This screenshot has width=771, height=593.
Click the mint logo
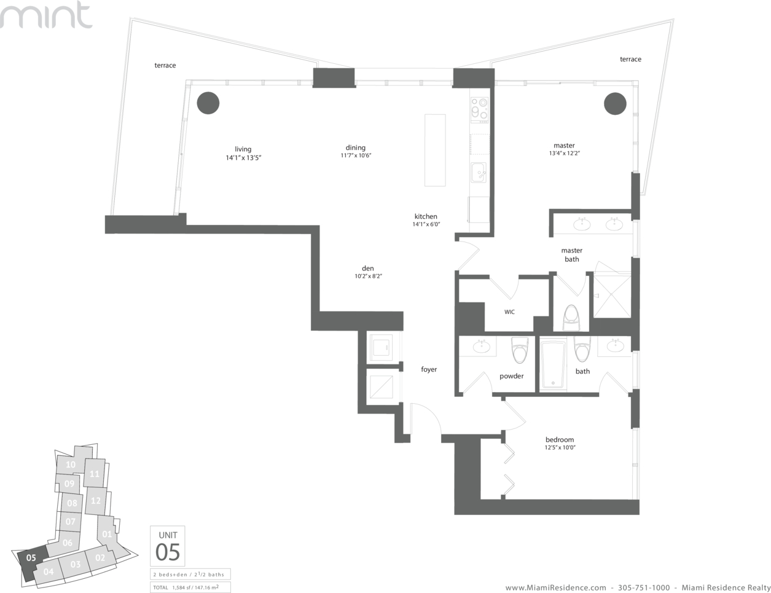[x=46, y=15]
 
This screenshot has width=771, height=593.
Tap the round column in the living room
[x=208, y=103]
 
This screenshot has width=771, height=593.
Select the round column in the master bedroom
[x=615, y=104]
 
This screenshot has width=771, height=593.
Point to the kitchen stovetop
[x=479, y=110]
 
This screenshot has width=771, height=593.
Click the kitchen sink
[x=479, y=173]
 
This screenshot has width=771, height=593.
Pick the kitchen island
[x=435, y=150]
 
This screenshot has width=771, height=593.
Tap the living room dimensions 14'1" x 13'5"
[x=243, y=158]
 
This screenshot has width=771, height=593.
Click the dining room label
[x=356, y=147]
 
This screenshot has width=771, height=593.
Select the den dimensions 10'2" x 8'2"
[x=368, y=276]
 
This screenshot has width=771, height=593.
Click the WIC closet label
[x=509, y=312]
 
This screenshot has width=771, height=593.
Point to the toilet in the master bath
[x=571, y=318]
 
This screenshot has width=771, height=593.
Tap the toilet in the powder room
[x=520, y=350]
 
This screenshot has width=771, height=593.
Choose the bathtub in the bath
[x=553, y=364]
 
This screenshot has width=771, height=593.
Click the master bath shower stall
[x=612, y=297]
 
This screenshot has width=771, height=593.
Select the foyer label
[x=429, y=369]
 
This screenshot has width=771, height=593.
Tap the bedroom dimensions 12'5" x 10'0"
[x=560, y=447]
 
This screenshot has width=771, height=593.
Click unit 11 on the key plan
[x=95, y=473]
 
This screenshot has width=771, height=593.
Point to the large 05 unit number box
[x=168, y=546]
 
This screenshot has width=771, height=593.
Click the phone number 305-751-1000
[x=644, y=587]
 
